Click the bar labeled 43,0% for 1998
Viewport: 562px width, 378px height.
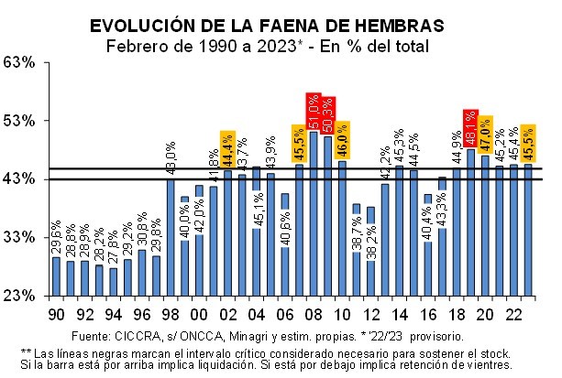(171, 238)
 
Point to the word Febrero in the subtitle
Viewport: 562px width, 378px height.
(138, 46)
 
